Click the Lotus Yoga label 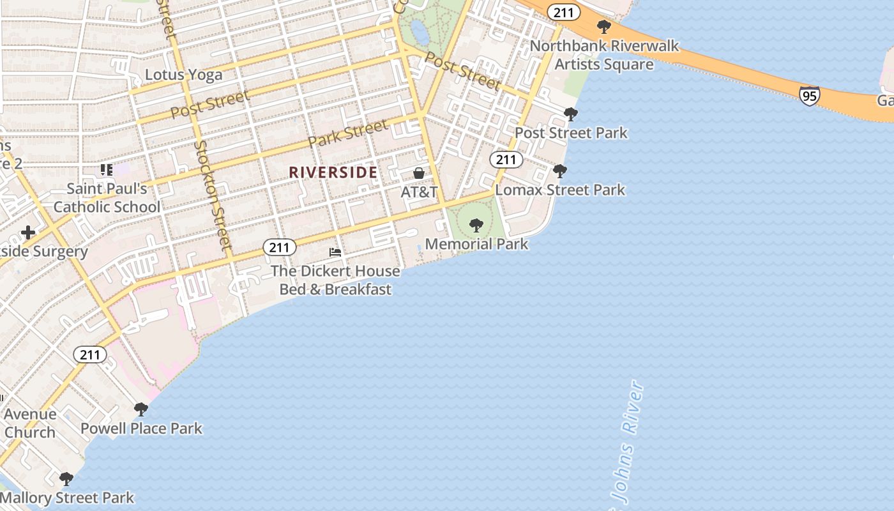click(183, 75)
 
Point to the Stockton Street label click(213, 194)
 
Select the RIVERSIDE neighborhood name click(333, 172)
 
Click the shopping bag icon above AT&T click(419, 173)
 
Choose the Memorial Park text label click(476, 244)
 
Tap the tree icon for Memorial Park click(476, 225)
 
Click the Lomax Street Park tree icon click(560, 171)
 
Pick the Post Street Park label click(571, 133)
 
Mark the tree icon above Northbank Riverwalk click(603, 27)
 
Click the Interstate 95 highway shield click(809, 96)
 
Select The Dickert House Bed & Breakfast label click(335, 280)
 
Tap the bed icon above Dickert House click(335, 252)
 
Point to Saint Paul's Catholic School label click(107, 197)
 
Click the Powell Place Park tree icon click(141, 409)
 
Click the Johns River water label click(623, 447)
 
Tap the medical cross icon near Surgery click(27, 233)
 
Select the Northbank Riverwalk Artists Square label click(604, 55)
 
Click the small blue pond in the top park click(420, 29)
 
